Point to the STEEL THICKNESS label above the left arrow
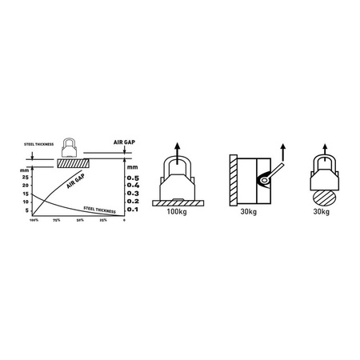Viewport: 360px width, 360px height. tap(38, 145)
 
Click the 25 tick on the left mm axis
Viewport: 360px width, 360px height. tap(26, 176)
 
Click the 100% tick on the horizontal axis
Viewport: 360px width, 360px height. tap(34, 220)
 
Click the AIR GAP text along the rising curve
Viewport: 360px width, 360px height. tap(77, 185)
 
